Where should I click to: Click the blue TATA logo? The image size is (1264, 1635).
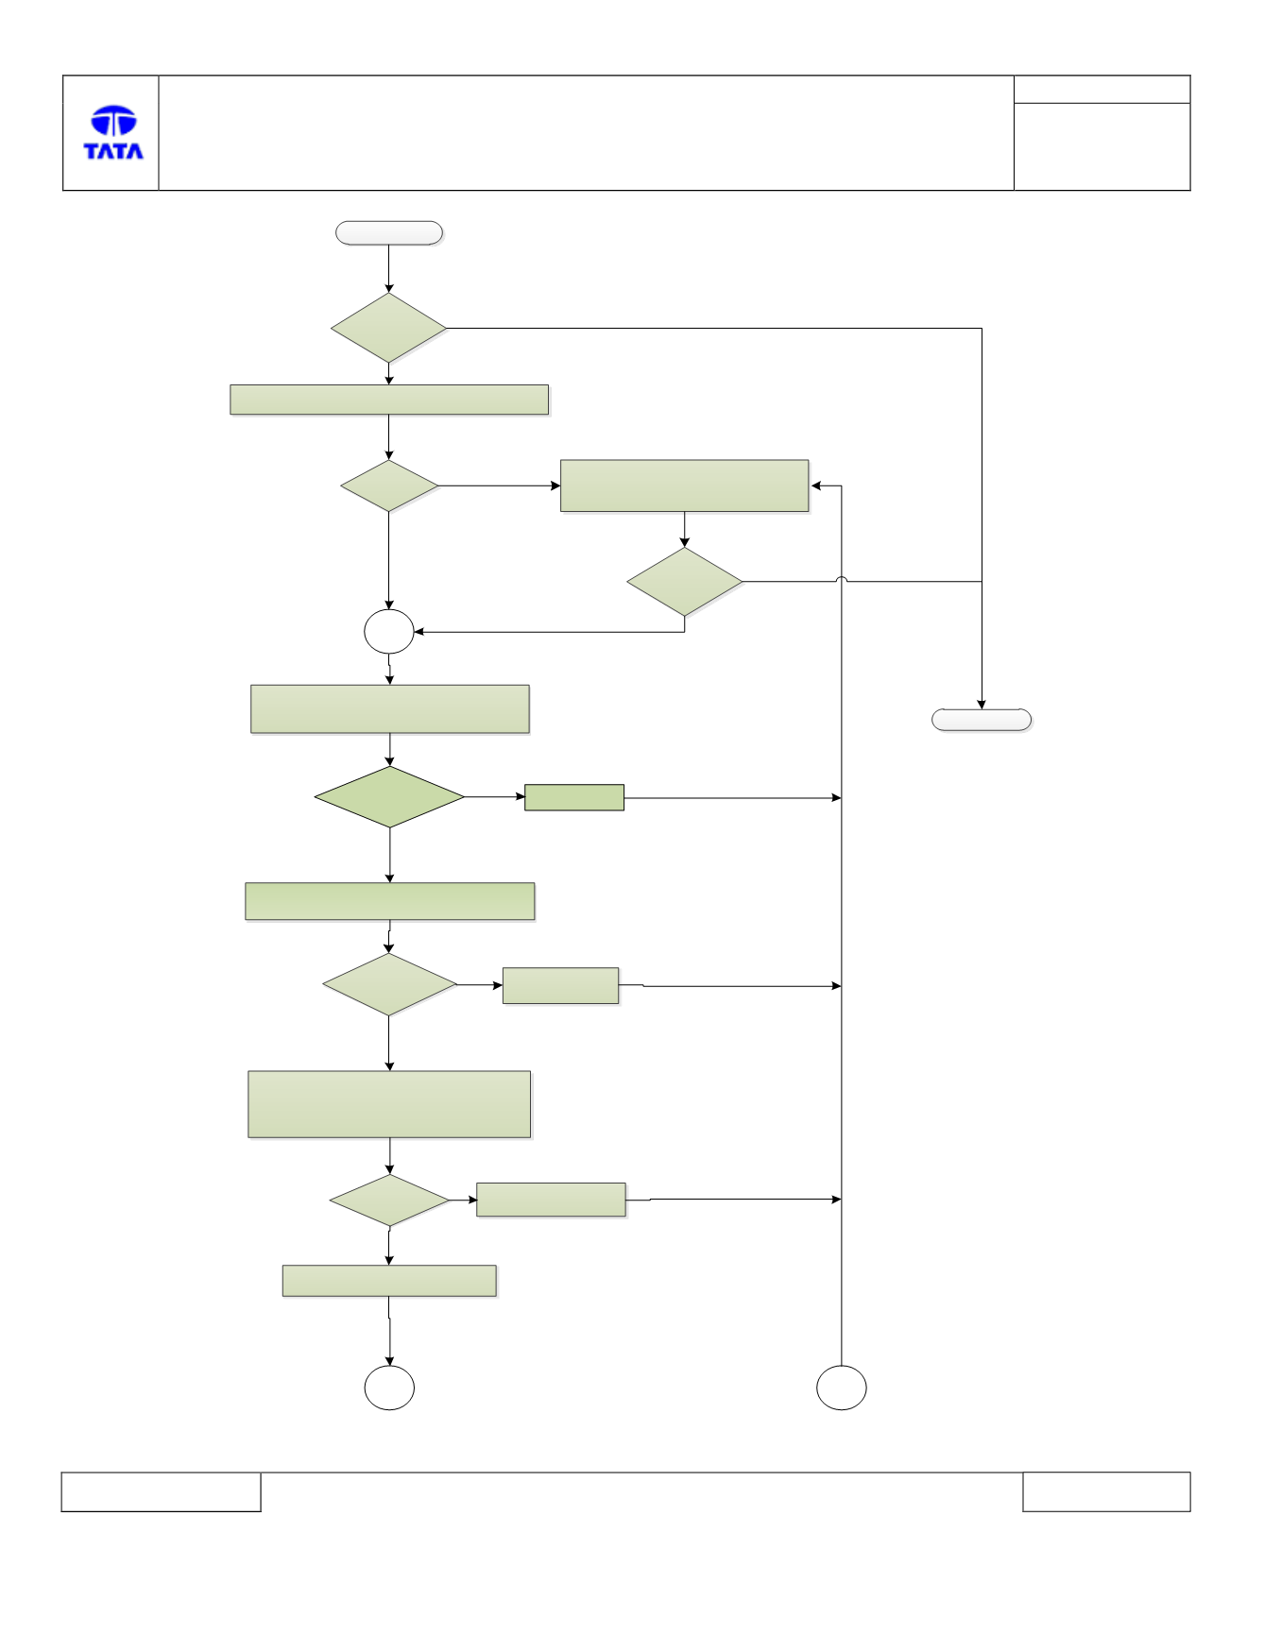click(113, 132)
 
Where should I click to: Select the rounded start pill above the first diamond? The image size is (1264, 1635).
click(389, 233)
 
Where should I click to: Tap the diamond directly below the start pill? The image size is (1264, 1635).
click(388, 328)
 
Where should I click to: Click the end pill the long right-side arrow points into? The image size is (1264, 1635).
click(982, 720)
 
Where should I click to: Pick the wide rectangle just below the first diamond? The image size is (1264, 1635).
click(389, 400)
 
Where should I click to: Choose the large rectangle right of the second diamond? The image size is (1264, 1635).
click(685, 486)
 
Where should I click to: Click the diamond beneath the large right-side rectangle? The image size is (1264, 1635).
click(685, 582)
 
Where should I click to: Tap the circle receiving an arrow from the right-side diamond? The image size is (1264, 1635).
click(389, 632)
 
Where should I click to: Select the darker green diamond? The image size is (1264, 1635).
click(389, 797)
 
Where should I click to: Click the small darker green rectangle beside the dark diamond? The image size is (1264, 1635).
click(574, 797)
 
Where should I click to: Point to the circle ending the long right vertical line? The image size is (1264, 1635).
click(842, 1388)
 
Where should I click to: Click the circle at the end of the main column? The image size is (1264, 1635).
click(389, 1388)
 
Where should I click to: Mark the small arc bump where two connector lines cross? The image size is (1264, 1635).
click(842, 580)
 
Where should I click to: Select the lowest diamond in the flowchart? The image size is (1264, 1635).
click(389, 1201)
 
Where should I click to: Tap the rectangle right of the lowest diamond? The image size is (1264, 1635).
click(551, 1200)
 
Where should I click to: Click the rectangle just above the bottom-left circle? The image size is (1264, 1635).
click(389, 1281)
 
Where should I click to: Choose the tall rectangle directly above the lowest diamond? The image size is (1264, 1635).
click(389, 1104)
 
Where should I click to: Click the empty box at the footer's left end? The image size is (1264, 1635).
click(161, 1491)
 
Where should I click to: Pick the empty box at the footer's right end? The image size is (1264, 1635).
click(1106, 1491)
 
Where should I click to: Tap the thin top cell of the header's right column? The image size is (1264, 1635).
click(1102, 90)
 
